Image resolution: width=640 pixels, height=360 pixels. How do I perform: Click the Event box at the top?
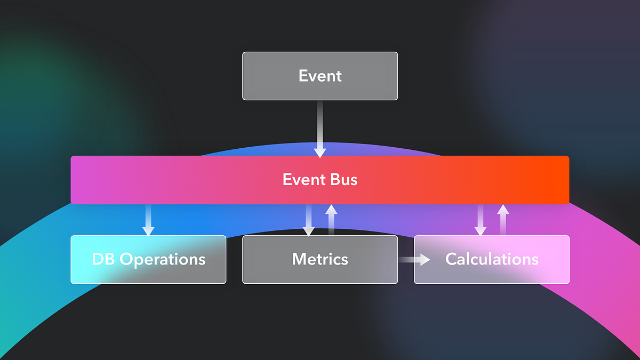(x=320, y=76)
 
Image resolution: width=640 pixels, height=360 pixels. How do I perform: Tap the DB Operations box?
(x=148, y=260)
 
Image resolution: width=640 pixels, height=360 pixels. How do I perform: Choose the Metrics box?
(x=320, y=260)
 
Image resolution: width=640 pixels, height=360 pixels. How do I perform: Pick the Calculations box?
(x=492, y=260)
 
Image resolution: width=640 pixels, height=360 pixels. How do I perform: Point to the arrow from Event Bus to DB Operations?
(x=148, y=220)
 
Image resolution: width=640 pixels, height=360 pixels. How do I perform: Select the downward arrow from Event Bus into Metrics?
(x=309, y=220)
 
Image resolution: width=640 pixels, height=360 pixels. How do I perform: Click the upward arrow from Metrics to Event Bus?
(x=331, y=220)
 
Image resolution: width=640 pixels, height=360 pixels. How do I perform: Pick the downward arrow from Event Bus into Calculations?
(x=481, y=220)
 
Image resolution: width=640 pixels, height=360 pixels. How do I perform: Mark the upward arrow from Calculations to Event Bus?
(x=503, y=220)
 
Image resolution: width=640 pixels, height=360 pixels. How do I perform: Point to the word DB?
(x=103, y=260)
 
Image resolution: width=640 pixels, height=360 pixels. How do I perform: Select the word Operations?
(x=163, y=260)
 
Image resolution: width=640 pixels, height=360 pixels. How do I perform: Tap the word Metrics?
(x=320, y=260)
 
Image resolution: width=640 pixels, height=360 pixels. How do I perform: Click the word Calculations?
(x=492, y=260)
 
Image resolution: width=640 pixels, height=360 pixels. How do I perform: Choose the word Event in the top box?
(x=320, y=76)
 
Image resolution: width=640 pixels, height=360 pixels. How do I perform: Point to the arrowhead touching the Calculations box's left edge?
(x=425, y=260)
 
